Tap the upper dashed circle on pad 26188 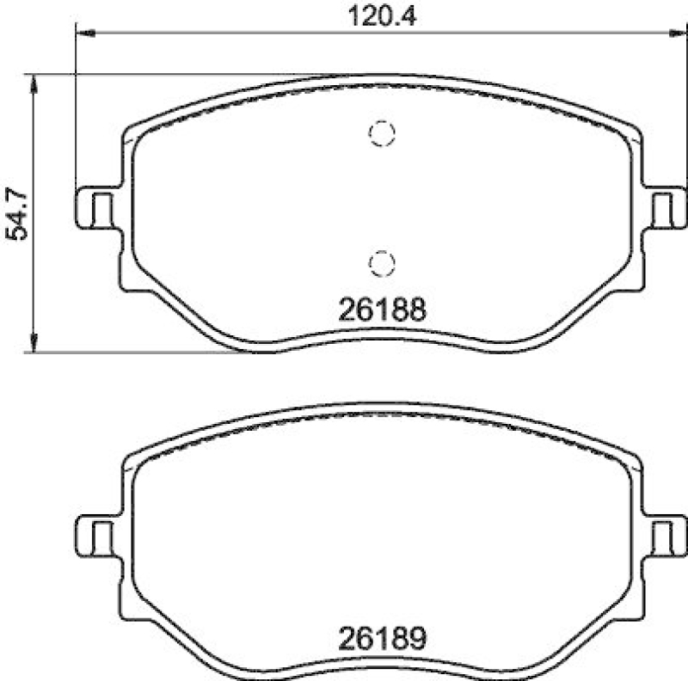coord(380,132)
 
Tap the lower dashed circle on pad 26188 coord(380,261)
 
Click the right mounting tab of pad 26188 coord(664,208)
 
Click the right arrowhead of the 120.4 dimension coord(676,34)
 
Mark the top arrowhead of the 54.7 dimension coord(34,82)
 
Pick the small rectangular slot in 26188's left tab coord(101,208)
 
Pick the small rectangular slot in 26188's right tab coord(660,208)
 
